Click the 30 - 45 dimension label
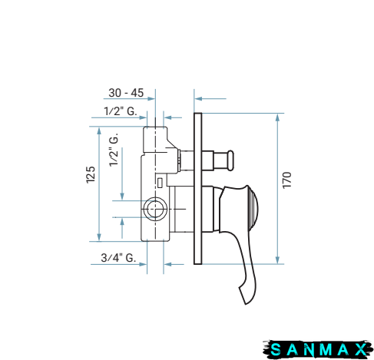[x=126, y=93]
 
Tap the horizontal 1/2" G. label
[x=121, y=111]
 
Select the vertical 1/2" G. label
[x=114, y=150]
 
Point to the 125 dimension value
[x=91, y=175]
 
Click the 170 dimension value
[x=287, y=180]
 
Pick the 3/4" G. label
[x=118, y=258]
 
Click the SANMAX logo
[x=317, y=349]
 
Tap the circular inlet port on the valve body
[x=155, y=209]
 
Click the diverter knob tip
[x=230, y=160]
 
